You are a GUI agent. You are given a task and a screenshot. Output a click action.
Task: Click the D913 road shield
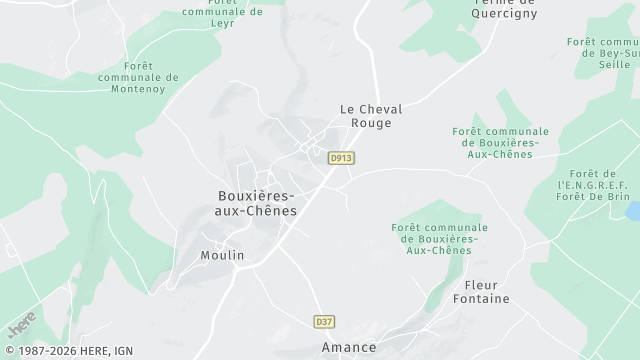click(341, 157)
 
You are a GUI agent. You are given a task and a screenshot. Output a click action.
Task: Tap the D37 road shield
click(323, 321)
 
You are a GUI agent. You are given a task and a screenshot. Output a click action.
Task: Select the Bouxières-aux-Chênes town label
click(257, 204)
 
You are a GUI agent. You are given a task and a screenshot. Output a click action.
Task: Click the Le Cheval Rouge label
click(364, 116)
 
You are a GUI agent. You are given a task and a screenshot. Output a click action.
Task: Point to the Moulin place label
click(222, 255)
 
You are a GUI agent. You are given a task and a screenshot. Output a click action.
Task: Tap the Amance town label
click(349, 347)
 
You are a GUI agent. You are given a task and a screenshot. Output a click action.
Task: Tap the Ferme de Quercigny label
click(503, 8)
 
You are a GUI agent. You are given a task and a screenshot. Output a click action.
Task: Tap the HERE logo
click(21, 323)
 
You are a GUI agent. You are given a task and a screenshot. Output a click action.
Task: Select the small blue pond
click(632, 212)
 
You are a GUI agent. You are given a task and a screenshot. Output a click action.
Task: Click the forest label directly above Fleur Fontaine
click(434, 238)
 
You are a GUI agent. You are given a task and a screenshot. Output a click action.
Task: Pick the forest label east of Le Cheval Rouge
click(500, 142)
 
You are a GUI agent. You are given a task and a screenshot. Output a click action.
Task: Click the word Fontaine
click(480, 299)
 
